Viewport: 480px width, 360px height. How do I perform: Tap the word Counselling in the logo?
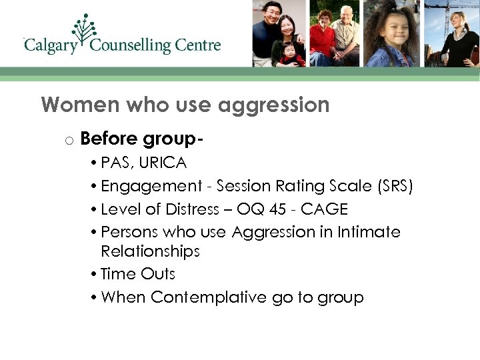(130, 46)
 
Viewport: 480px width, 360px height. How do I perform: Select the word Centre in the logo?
(199, 45)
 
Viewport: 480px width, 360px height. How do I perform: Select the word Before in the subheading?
(109, 139)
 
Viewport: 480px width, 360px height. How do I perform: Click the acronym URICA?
(163, 162)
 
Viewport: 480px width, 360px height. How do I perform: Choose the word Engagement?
(150, 187)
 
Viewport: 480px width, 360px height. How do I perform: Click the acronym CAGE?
(324, 209)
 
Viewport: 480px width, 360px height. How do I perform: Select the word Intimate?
(368, 232)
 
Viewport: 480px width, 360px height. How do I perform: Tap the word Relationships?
(150, 251)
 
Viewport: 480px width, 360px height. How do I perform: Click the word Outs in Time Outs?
(158, 274)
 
